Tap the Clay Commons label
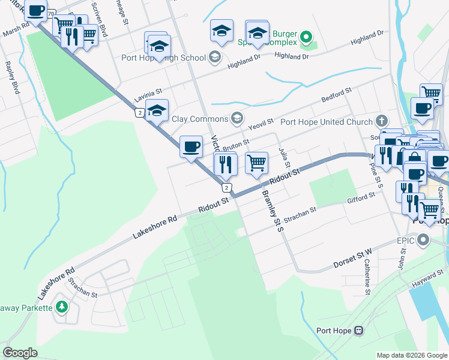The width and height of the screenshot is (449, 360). click(200, 118)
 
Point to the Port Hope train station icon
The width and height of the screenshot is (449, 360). click(359, 331)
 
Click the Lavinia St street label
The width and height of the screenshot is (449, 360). click(148, 94)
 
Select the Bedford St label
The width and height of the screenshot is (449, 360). click(336, 95)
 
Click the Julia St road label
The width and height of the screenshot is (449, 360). click(285, 156)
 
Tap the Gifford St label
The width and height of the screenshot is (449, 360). click(361, 196)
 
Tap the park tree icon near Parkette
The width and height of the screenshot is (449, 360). click(61, 308)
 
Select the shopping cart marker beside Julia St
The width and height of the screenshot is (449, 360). click(256, 163)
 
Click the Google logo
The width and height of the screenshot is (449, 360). click(20, 353)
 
